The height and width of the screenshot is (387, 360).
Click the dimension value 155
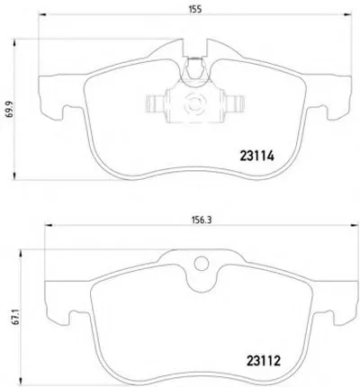(x=195, y=9)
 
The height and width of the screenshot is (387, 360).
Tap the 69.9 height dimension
(x=10, y=109)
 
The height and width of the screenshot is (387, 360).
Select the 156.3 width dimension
(x=202, y=220)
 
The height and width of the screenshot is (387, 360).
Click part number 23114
(x=256, y=156)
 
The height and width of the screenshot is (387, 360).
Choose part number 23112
(x=264, y=361)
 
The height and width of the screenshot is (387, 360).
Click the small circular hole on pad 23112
(x=201, y=264)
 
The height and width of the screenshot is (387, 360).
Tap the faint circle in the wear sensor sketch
(x=195, y=103)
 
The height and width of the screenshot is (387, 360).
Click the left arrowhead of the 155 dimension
(x=42, y=14)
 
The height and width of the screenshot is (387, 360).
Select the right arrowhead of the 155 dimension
(x=347, y=14)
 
